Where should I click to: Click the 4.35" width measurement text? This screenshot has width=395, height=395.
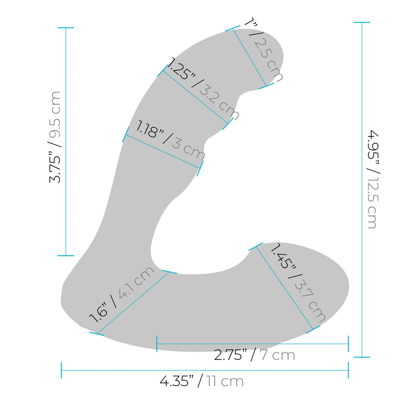[176, 381]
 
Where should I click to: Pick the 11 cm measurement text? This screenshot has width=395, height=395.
[225, 381]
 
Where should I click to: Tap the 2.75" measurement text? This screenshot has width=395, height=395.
[230, 355]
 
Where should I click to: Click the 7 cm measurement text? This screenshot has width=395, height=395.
[277, 355]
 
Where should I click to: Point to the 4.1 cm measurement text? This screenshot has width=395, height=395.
[137, 282]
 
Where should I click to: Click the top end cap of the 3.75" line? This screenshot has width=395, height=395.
[66, 28]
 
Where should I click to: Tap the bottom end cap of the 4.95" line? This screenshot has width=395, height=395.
[362, 357]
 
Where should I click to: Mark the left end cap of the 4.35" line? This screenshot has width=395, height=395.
[61, 370]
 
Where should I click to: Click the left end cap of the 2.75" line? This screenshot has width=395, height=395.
[157, 344]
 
